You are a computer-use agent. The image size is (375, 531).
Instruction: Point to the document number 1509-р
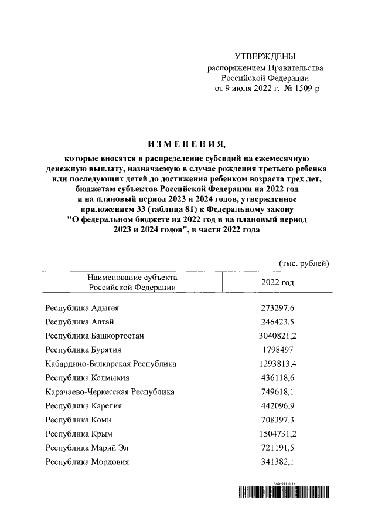click(x=308, y=89)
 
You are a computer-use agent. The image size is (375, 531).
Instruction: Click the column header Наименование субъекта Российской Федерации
click(x=132, y=282)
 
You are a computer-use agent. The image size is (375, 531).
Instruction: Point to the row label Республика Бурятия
click(x=83, y=350)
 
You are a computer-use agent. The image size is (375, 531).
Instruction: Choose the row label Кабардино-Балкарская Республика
click(x=111, y=364)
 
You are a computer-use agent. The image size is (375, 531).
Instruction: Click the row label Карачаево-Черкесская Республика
click(x=110, y=392)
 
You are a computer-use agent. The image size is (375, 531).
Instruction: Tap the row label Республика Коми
click(x=78, y=420)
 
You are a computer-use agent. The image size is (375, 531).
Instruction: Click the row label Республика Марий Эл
click(x=87, y=448)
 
